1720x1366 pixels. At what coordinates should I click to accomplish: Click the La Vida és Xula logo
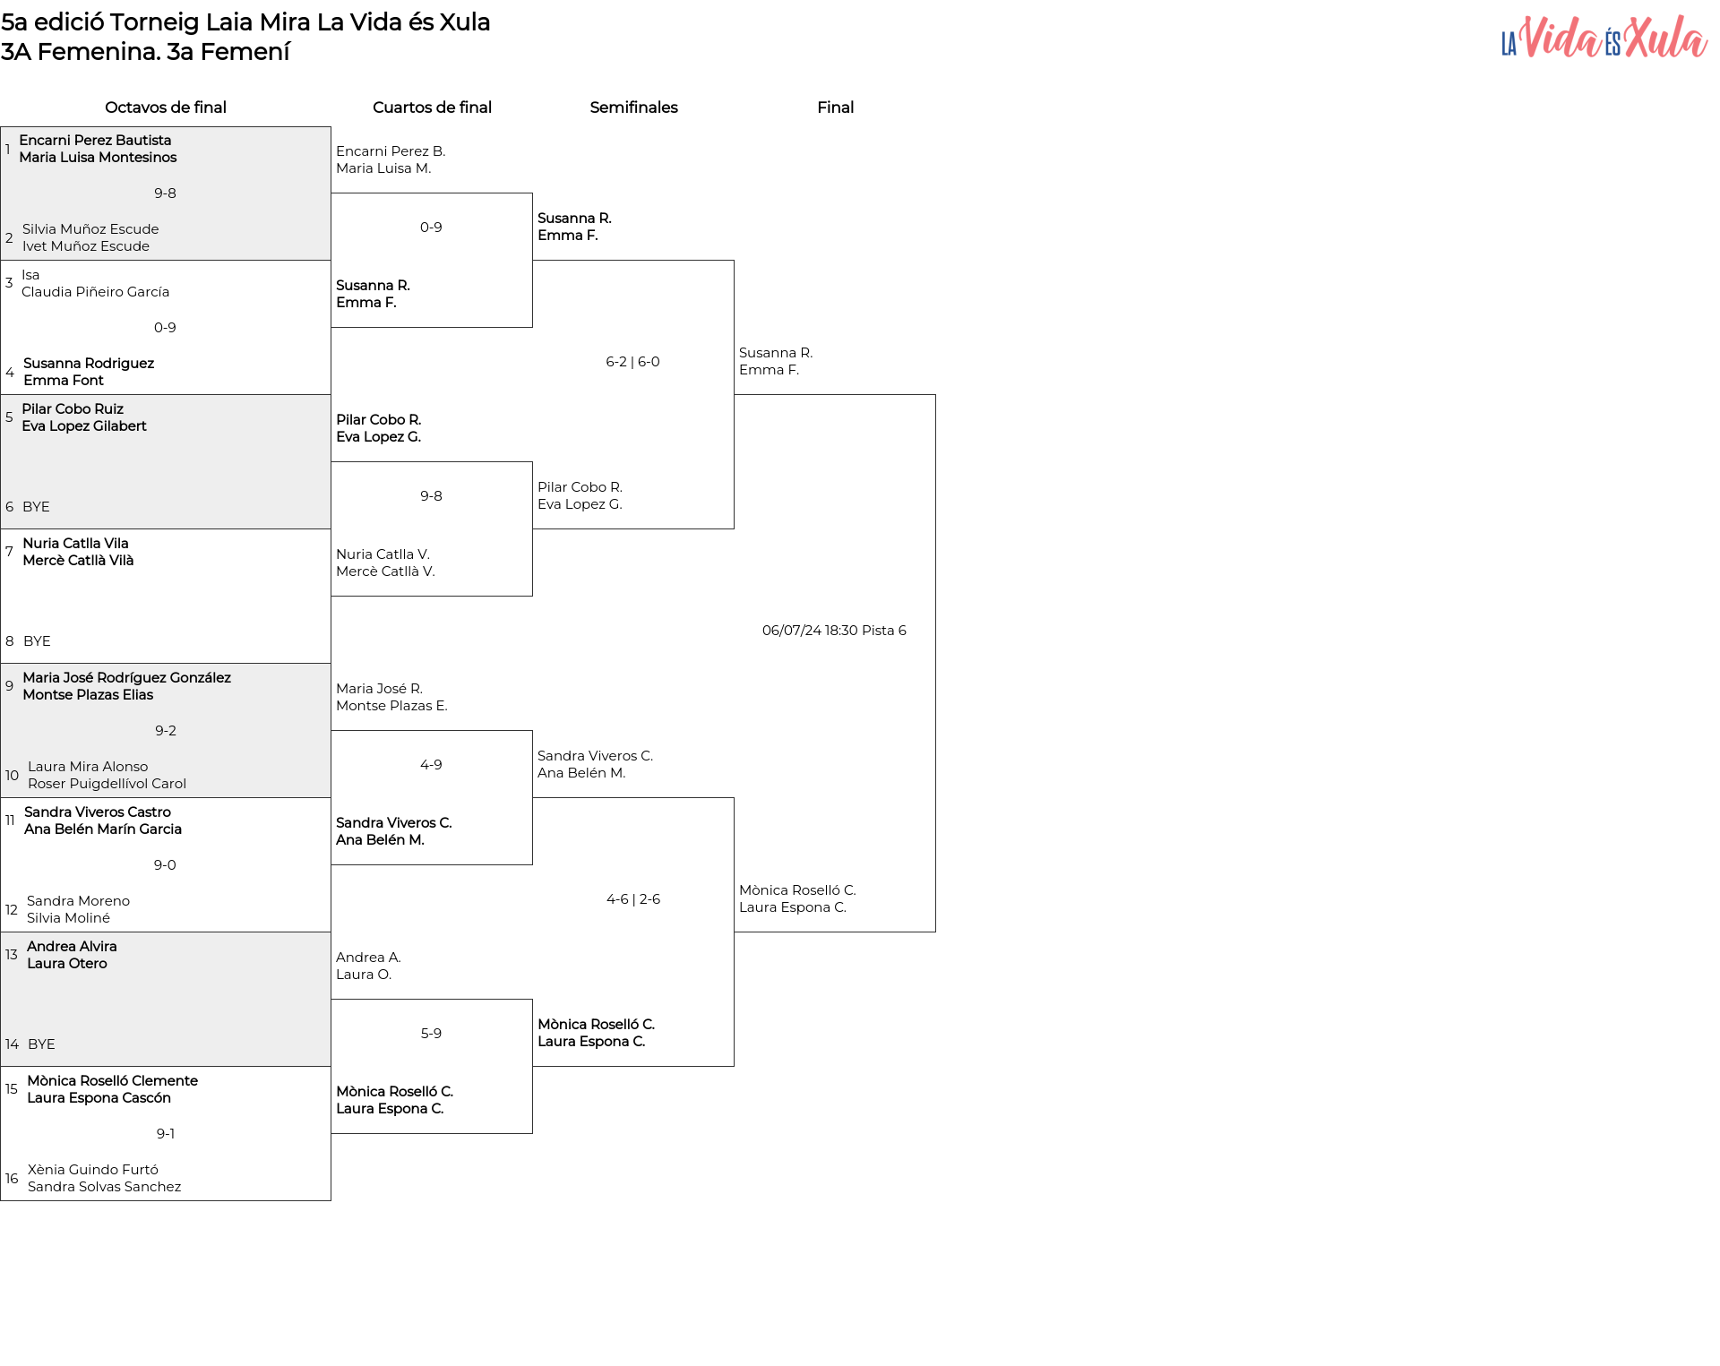(1604, 38)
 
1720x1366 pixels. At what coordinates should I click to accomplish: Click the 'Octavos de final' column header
(166, 107)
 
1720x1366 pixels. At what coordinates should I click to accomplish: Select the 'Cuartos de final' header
(432, 107)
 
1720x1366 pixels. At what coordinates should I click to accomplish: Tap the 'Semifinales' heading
(633, 107)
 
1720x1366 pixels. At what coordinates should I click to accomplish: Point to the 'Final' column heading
(835, 107)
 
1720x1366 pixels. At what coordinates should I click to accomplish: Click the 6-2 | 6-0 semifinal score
(632, 362)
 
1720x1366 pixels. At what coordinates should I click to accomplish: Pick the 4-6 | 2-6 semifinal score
(633, 899)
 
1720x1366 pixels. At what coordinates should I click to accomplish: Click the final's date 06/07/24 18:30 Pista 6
(834, 631)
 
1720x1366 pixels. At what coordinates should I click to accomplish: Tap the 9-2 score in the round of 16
(166, 731)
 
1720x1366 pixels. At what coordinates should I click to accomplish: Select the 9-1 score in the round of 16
(166, 1134)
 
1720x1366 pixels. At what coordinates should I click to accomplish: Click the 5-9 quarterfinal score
(431, 1034)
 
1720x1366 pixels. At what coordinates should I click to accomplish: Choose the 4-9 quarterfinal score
(431, 765)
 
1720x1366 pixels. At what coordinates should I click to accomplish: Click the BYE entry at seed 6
(36, 507)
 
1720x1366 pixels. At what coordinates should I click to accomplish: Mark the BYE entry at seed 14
(41, 1044)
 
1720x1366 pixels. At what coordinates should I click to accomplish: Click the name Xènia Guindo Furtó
(93, 1170)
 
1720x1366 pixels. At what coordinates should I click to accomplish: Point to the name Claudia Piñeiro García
(95, 292)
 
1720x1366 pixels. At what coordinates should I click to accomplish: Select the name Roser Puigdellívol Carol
(107, 784)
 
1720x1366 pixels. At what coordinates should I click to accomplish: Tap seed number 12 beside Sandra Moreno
(12, 910)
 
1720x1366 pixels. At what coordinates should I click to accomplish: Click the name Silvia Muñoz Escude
(90, 229)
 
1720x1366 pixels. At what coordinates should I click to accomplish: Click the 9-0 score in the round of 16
(165, 865)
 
